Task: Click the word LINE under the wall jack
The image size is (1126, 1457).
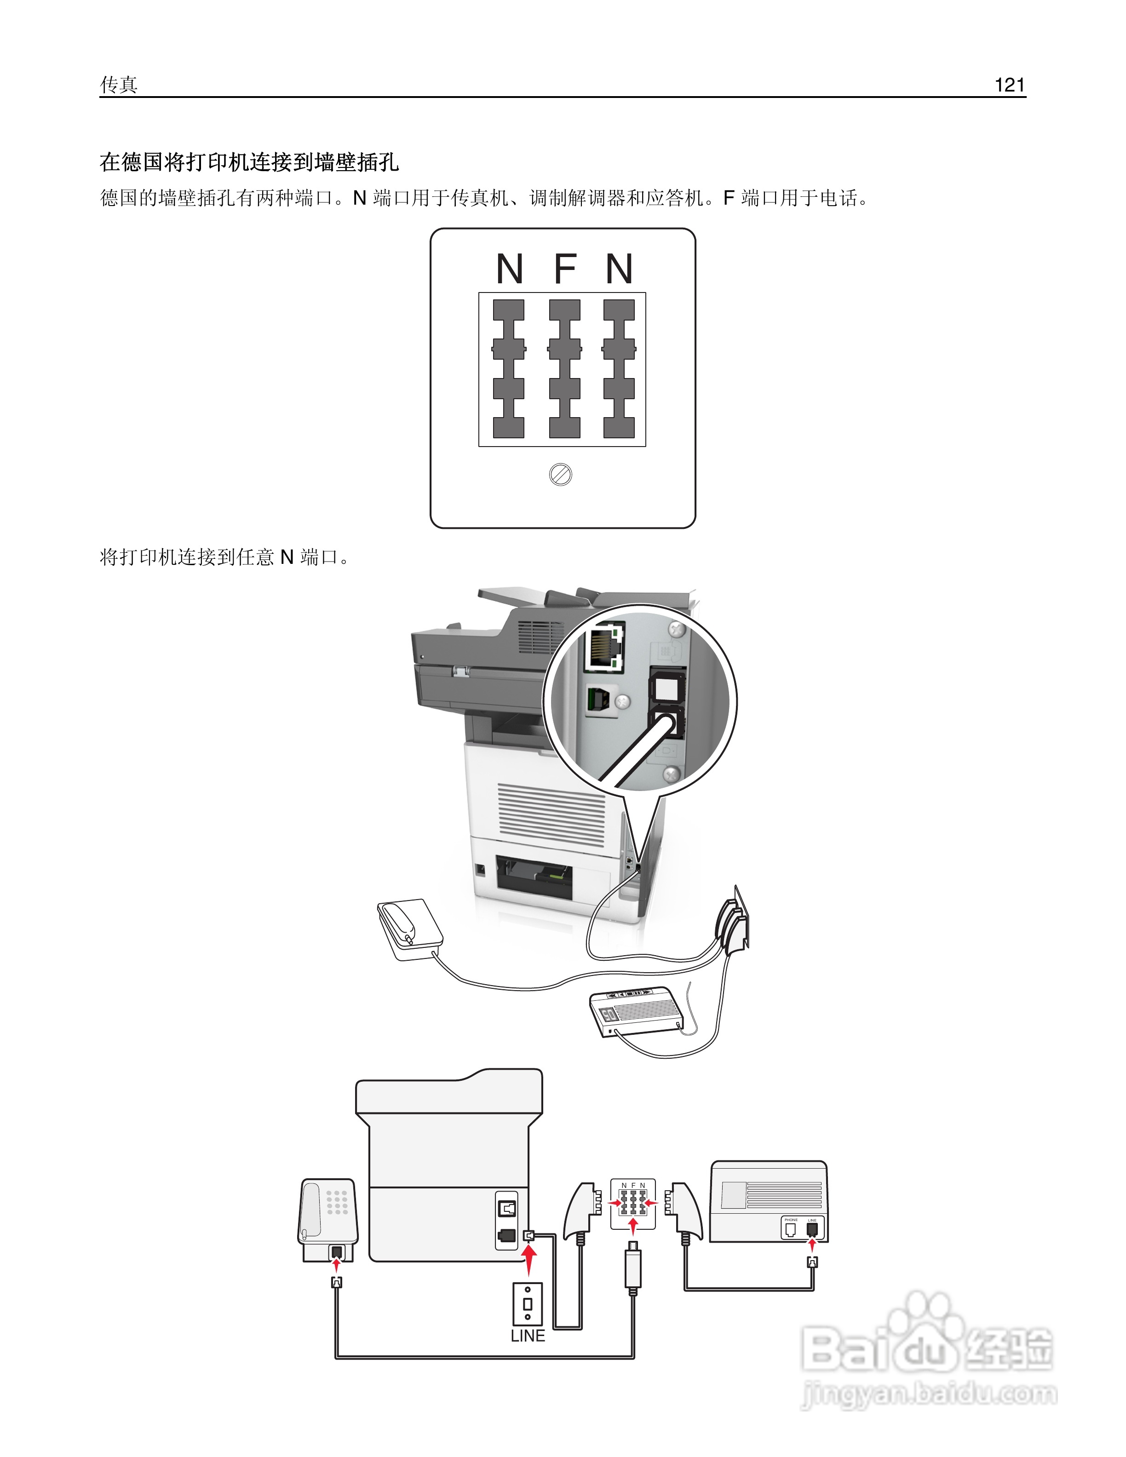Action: (528, 1336)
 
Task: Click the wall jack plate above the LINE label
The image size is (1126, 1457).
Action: (527, 1303)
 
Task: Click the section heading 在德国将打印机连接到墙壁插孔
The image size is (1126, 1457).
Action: (249, 161)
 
